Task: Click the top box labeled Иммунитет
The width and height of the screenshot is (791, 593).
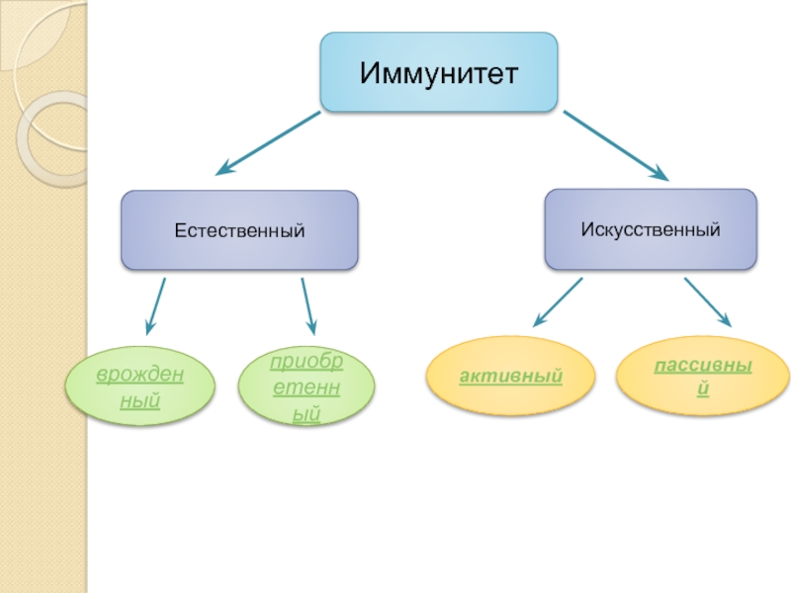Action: pyautogui.click(x=438, y=72)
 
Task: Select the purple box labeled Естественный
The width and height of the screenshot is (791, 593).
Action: pyautogui.click(x=239, y=230)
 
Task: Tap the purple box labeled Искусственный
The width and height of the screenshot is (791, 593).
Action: pyautogui.click(x=650, y=229)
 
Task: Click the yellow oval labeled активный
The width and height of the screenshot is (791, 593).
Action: pyautogui.click(x=510, y=377)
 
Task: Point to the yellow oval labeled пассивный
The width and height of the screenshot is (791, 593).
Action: pyautogui.click(x=703, y=377)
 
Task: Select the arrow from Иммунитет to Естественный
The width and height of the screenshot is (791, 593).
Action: pyautogui.click(x=267, y=143)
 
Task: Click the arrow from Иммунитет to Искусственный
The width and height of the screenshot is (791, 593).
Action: pyautogui.click(x=615, y=144)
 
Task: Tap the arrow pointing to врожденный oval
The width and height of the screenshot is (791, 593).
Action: pyautogui.click(x=155, y=306)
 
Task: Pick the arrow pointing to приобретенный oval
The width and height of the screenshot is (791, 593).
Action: pyautogui.click(x=308, y=306)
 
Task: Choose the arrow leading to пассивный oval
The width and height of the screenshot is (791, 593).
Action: pyautogui.click(x=707, y=302)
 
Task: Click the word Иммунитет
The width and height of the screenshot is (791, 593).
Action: pyautogui.click(x=438, y=73)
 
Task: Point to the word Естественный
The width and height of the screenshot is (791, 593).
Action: pyautogui.click(x=239, y=231)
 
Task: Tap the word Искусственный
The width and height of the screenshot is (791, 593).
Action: pyautogui.click(x=650, y=230)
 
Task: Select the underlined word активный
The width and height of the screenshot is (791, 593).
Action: pyautogui.click(x=510, y=377)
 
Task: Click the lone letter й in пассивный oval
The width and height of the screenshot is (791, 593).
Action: pyautogui.click(x=703, y=389)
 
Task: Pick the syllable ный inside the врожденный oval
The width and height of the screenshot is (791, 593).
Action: pyautogui.click(x=139, y=401)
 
